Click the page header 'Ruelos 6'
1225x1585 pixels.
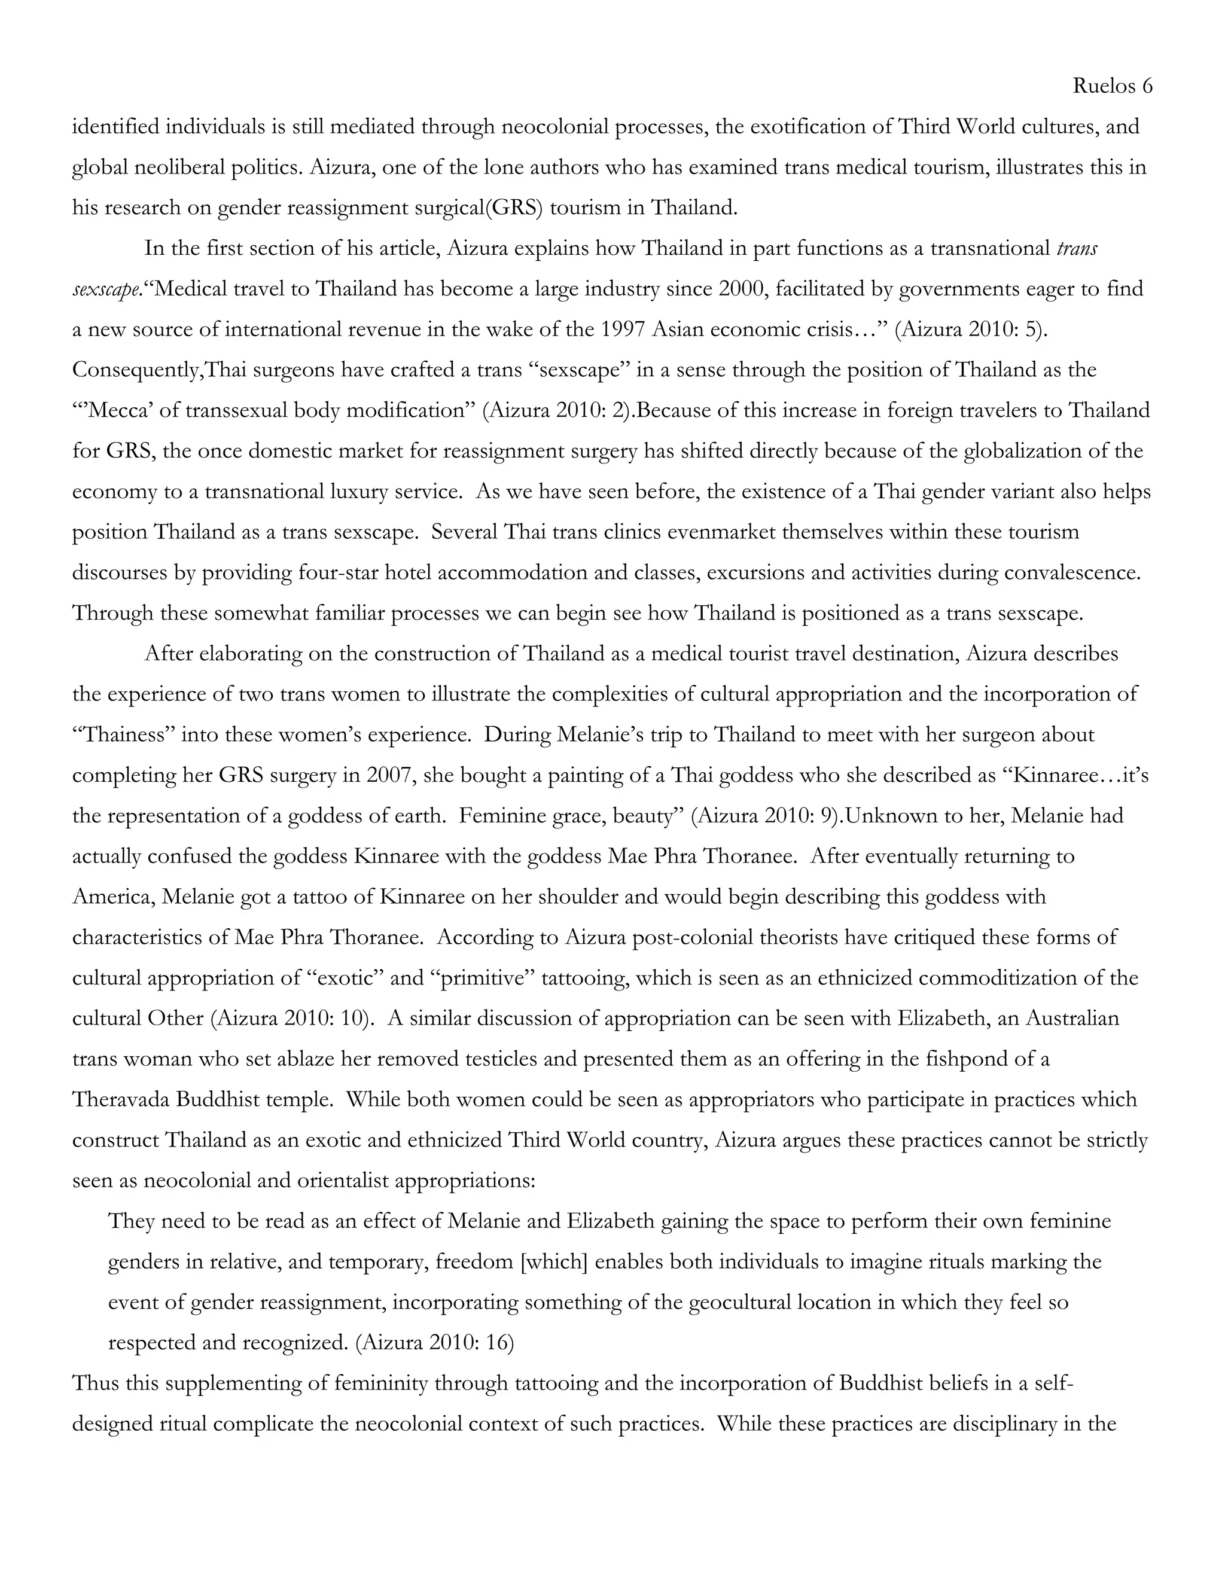coord(1112,86)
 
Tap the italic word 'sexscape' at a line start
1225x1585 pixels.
coord(105,289)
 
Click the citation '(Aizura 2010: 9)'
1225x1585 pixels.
coord(766,816)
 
